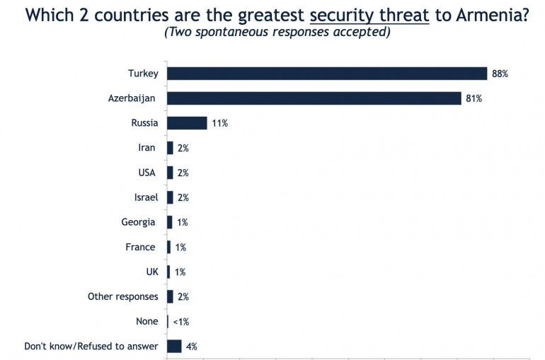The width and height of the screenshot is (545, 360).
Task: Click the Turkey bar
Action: pyautogui.click(x=326, y=74)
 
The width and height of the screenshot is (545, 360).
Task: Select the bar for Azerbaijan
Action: pyautogui.click(x=314, y=98)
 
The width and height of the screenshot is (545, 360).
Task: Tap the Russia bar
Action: pyautogui.click(x=187, y=123)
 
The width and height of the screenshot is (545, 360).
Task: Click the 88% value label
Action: pyautogui.click(x=500, y=74)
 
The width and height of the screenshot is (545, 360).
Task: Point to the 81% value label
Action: pyautogui.click(x=474, y=98)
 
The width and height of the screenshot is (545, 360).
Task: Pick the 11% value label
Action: pyautogui.click(x=219, y=123)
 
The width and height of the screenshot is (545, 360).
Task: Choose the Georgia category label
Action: pyautogui.click(x=139, y=222)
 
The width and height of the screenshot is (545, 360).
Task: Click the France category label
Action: pyautogui.click(x=140, y=247)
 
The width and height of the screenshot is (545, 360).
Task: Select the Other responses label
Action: pyautogui.click(x=122, y=296)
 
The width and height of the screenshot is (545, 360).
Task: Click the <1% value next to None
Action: pyautogui.click(x=180, y=322)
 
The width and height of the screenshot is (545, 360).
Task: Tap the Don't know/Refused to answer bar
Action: pyautogui.click(x=174, y=346)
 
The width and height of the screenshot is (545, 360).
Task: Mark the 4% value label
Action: pyautogui.click(x=191, y=347)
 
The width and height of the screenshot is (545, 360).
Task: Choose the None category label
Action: pyautogui.click(x=147, y=321)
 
